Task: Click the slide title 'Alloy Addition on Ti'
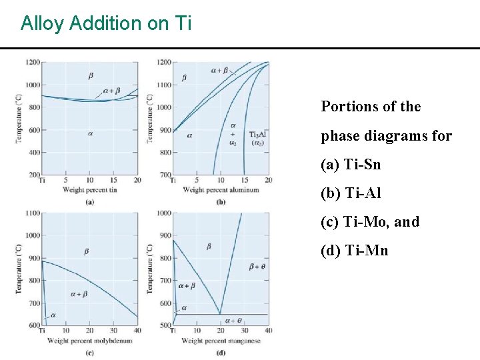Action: click(106, 23)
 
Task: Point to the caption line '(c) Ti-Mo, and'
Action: click(370, 222)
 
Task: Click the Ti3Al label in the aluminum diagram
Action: click(257, 134)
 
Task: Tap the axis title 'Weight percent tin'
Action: click(89, 190)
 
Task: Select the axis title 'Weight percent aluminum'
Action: click(221, 191)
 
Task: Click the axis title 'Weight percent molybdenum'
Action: click(89, 341)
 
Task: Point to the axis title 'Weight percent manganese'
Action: click(221, 341)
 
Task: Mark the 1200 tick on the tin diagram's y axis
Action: click(32, 62)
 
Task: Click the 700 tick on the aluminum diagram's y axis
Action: click(164, 175)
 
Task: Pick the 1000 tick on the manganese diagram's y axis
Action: click(164, 213)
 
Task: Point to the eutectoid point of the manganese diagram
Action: click(221, 314)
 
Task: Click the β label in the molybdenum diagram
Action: click(86, 251)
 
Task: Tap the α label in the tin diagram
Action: click(89, 133)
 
